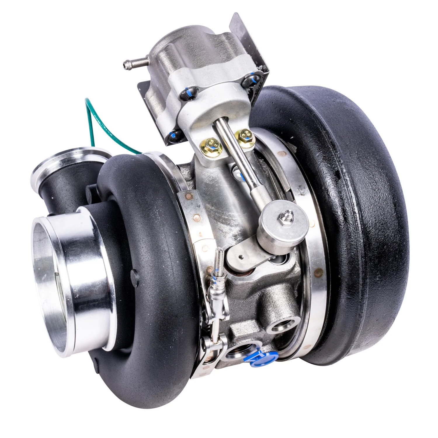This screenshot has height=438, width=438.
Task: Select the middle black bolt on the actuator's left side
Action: (x=189, y=94)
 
